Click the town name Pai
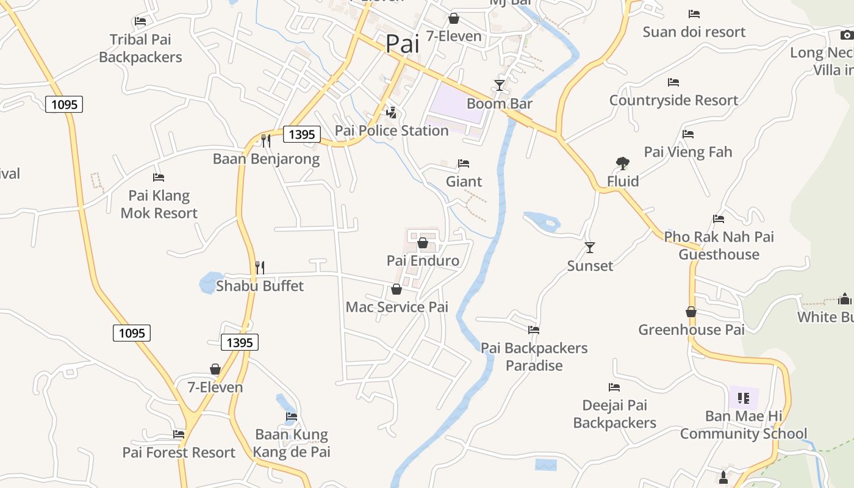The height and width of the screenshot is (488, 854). pos(403,44)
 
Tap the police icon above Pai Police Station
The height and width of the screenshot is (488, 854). pos(391,113)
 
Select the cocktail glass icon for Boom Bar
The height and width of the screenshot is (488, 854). pos(500,85)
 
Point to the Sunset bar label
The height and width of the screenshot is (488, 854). pos(590,266)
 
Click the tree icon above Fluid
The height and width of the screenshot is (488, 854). pos(622,163)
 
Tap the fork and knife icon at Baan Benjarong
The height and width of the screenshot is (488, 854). pos(265,141)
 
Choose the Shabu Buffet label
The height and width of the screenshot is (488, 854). pos(260,286)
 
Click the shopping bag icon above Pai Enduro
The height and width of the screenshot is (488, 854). pos(422,243)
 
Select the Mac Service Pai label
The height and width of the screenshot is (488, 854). pos(396,307)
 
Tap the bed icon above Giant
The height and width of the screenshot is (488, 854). pos(464,163)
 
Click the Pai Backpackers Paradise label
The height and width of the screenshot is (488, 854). pos(534,357)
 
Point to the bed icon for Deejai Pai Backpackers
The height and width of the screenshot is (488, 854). pos(614,387)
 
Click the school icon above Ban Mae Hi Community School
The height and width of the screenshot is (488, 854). pos(743,398)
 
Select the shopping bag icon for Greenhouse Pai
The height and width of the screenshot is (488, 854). pos(691,312)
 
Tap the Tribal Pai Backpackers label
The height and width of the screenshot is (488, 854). pos(140,48)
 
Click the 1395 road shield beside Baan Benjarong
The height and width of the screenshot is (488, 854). pos(301,134)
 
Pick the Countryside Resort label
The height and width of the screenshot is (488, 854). pos(673,100)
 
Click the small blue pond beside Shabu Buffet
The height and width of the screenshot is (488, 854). pos(210,283)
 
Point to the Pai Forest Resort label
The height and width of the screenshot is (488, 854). pos(179,453)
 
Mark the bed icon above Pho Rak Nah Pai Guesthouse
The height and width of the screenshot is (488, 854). pos(719,219)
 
